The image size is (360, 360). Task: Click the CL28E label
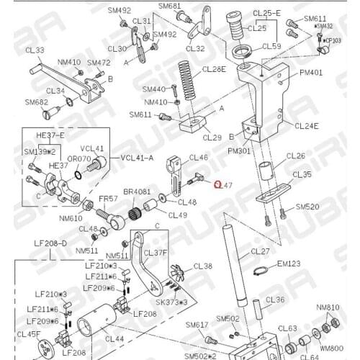tap(214, 69)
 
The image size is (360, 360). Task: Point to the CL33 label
tap(35, 50)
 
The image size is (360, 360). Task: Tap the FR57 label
tap(108, 198)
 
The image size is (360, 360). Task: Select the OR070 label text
tap(79, 158)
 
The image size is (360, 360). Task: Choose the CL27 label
tap(260, 251)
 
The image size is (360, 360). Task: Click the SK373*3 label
tap(171, 302)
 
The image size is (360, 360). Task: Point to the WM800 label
tap(332, 348)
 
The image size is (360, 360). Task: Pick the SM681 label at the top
tap(170, 6)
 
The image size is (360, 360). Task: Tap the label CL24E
tap(307, 126)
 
